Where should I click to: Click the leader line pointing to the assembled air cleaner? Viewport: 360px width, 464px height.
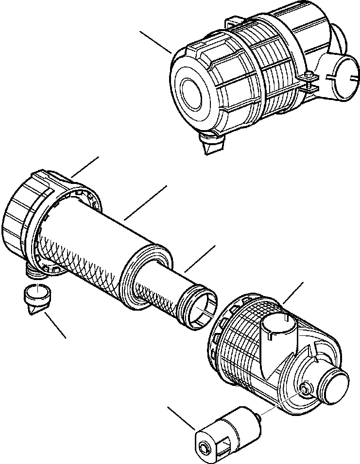(x=155, y=42)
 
